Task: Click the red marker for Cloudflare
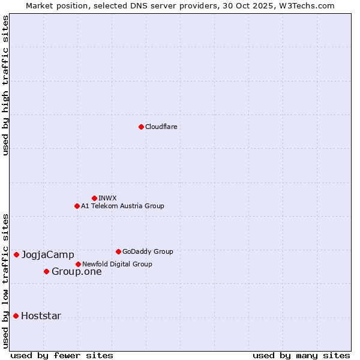click(141, 127)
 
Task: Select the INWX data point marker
click(94, 198)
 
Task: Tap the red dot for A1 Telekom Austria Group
click(77, 206)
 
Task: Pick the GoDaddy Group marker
click(118, 251)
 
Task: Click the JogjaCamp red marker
click(16, 254)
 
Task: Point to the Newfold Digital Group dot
click(78, 264)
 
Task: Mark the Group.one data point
click(46, 271)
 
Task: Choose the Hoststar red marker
click(16, 316)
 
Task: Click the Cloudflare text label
click(161, 127)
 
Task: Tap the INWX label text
click(107, 198)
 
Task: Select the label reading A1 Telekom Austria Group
click(122, 206)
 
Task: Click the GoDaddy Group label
click(148, 251)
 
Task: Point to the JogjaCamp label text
click(48, 254)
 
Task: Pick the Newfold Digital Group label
click(117, 264)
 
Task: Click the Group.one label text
click(77, 271)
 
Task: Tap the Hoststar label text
click(41, 316)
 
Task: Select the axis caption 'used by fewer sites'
click(62, 355)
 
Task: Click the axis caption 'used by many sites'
click(301, 355)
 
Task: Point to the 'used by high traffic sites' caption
click(5, 85)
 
